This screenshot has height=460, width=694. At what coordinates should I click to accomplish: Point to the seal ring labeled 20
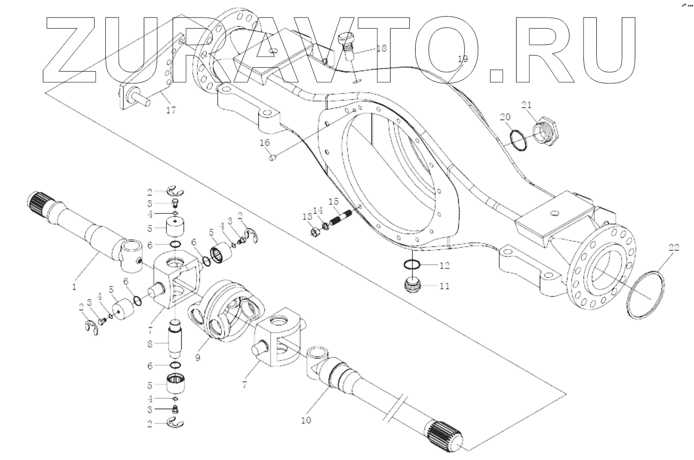(516, 139)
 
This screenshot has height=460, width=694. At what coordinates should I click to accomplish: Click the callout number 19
(463, 59)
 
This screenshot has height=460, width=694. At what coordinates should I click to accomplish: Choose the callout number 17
(171, 111)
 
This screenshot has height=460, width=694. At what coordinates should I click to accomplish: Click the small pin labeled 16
(271, 157)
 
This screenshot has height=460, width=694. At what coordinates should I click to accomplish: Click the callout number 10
(306, 420)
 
